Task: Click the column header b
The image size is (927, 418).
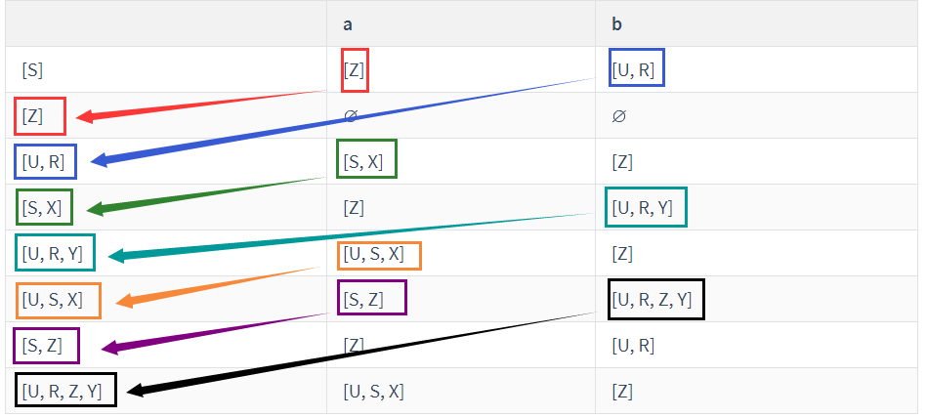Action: pyautogui.click(x=616, y=23)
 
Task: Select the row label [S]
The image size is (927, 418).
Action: pyautogui.click(x=32, y=70)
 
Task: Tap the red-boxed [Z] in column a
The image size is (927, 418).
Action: pyautogui.click(x=355, y=69)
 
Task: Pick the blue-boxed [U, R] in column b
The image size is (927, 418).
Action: pyautogui.click(x=636, y=68)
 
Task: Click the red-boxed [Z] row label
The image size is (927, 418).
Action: pyautogui.click(x=40, y=116)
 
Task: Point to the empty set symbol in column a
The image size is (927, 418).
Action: pyautogui.click(x=351, y=115)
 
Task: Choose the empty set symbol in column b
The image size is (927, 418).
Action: pyautogui.click(x=617, y=115)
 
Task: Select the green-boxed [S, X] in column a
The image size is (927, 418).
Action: pyautogui.click(x=366, y=160)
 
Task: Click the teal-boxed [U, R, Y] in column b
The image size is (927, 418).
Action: pyautogui.click(x=646, y=206)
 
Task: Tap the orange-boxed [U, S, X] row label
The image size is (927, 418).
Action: pyautogui.click(x=59, y=299)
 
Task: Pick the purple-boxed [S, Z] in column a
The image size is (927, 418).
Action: pyautogui.click(x=371, y=298)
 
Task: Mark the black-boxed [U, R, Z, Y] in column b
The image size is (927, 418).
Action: pyautogui.click(x=655, y=299)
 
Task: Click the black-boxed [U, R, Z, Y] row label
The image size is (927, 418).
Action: pyautogui.click(x=65, y=392)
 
